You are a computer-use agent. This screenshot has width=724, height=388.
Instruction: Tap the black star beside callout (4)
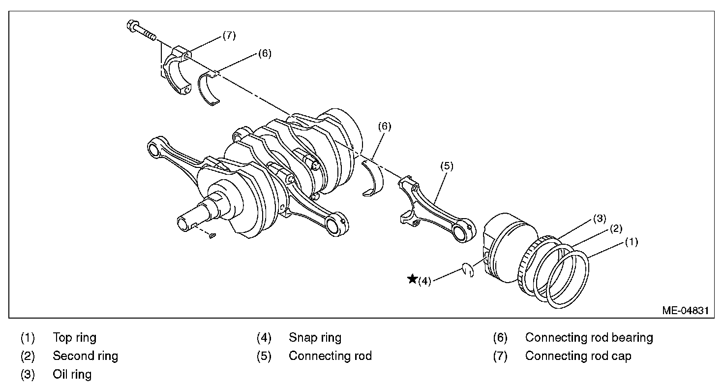click(412, 280)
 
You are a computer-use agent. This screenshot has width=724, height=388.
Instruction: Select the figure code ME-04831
click(685, 311)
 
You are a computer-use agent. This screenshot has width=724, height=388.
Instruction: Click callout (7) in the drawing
click(229, 35)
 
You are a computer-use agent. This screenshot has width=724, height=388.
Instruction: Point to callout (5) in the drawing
click(447, 166)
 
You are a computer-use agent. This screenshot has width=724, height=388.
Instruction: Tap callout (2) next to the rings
click(616, 228)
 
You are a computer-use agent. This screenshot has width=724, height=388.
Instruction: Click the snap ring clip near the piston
click(468, 270)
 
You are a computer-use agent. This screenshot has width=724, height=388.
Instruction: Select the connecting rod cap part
click(178, 71)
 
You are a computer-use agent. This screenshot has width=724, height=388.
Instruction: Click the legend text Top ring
click(75, 338)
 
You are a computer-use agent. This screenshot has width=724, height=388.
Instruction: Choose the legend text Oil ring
click(72, 374)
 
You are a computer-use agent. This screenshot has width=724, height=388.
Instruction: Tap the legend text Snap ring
click(315, 338)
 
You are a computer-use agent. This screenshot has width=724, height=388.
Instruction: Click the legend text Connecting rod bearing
click(589, 338)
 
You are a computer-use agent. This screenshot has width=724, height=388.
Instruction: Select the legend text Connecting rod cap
click(578, 356)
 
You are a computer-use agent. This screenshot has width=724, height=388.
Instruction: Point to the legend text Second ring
click(86, 356)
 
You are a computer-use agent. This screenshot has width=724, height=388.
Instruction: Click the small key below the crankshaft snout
click(212, 236)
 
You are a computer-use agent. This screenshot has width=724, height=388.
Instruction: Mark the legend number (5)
click(264, 356)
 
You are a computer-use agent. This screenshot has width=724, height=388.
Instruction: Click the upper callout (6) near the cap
click(264, 54)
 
